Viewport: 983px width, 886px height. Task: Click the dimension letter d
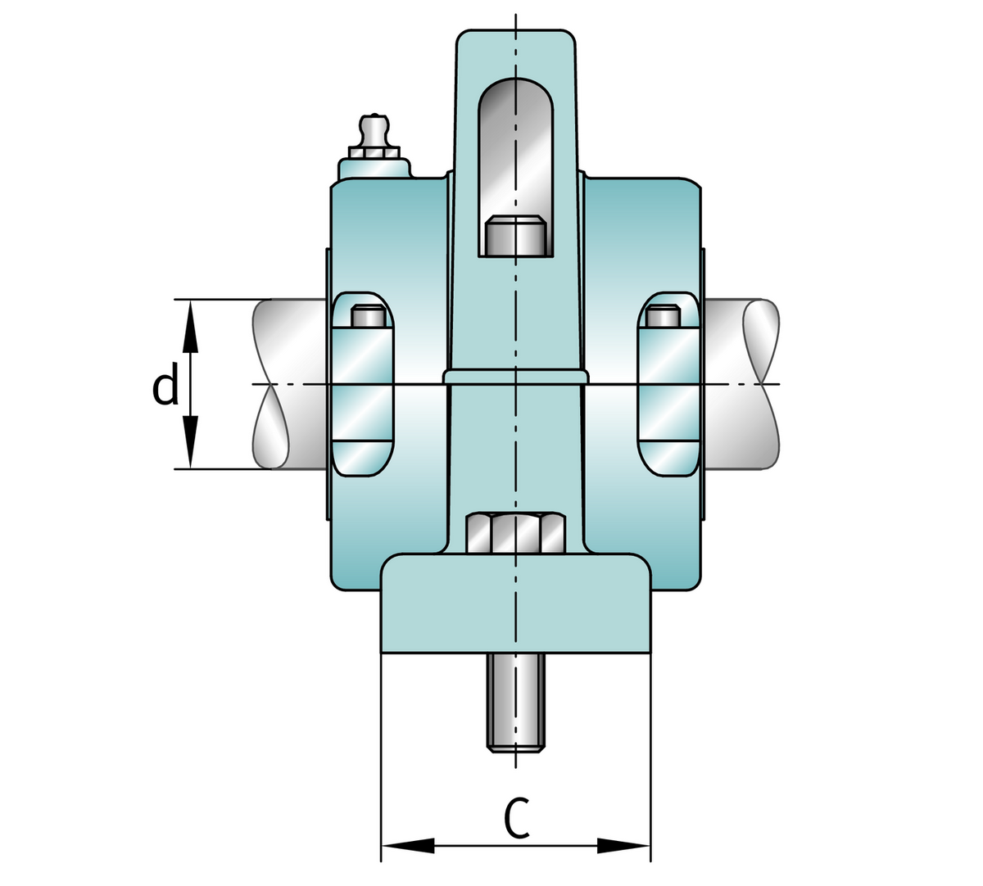(165, 387)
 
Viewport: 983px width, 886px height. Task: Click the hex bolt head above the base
(515, 533)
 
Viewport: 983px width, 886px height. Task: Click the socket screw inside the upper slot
(515, 236)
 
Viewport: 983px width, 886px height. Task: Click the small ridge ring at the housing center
(515, 376)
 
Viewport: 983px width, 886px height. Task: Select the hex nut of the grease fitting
(374, 153)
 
